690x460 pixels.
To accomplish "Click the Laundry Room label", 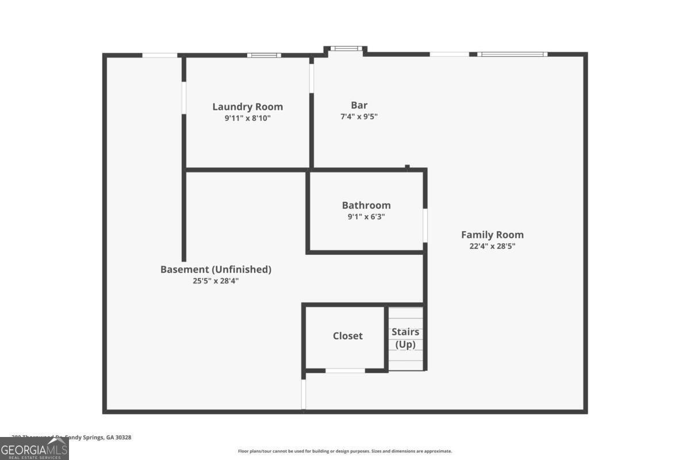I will pos(247,107).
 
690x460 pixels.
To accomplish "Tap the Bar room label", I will pos(359,105).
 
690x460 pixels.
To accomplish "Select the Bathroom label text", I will pos(366,205).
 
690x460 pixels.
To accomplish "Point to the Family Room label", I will pos(492,235).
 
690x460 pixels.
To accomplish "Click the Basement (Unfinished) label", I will pos(216,269).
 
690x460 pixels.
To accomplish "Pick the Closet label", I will pos(348,336).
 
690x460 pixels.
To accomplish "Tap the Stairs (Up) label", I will pos(405,338).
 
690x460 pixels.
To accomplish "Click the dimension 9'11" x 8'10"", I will pos(247,118).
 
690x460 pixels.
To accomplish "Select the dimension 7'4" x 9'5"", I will pos(359,117).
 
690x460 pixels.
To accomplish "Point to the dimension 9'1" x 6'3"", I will pos(366,217).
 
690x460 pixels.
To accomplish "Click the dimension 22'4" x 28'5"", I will pos(492,246).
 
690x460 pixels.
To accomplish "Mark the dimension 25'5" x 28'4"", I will pos(216,281).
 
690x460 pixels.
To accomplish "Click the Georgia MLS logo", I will pos(34,448).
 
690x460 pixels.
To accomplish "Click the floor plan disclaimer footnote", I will pos(345,451).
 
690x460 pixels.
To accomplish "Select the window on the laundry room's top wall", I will pos(264,55).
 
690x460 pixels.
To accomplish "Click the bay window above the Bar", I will pos(346,49).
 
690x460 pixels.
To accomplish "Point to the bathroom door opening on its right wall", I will pos(425,225).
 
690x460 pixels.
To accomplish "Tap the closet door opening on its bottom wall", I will pos(345,371).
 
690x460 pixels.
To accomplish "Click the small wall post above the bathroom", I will pos(407,167).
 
